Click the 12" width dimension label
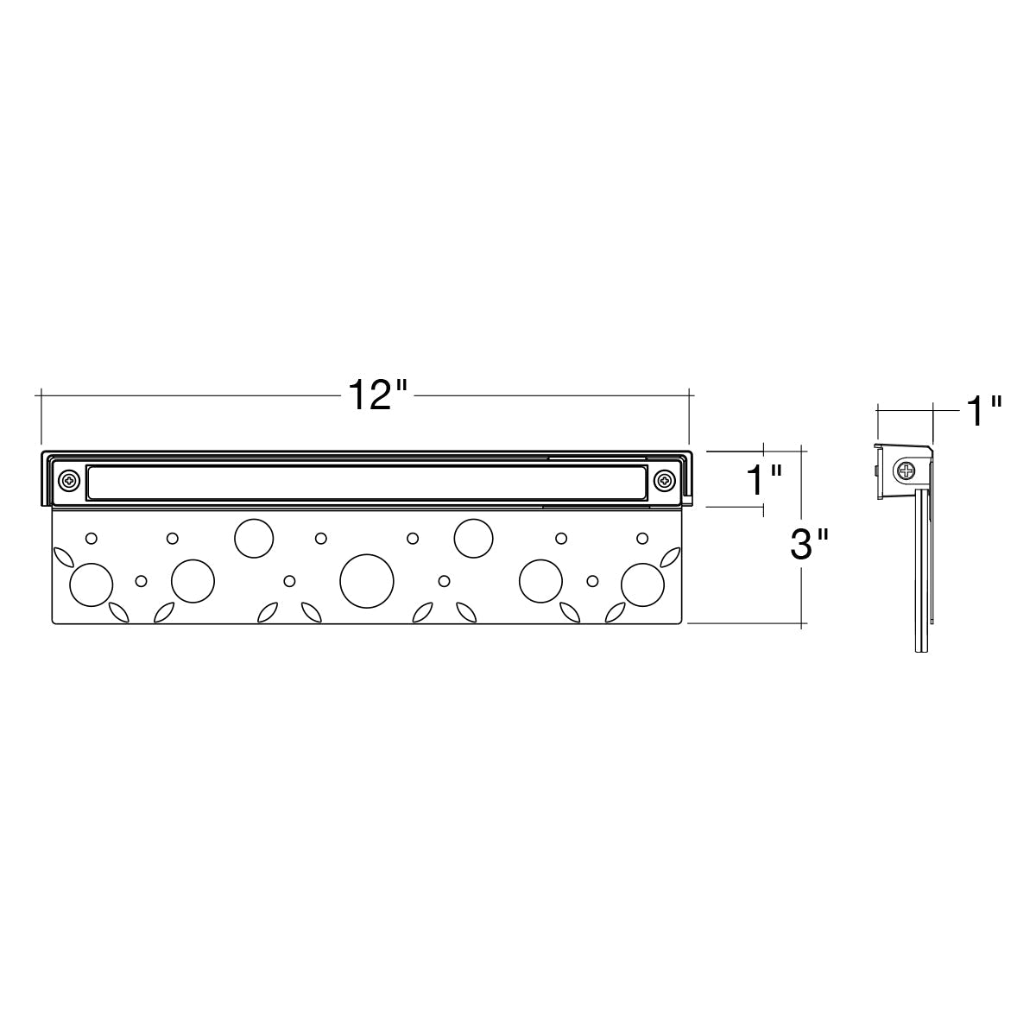377,395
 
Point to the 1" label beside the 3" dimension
764,480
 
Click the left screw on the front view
69,480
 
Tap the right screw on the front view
665,479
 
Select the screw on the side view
906,472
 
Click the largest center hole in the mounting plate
367,581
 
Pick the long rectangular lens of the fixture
367,483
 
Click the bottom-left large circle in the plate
92,585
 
